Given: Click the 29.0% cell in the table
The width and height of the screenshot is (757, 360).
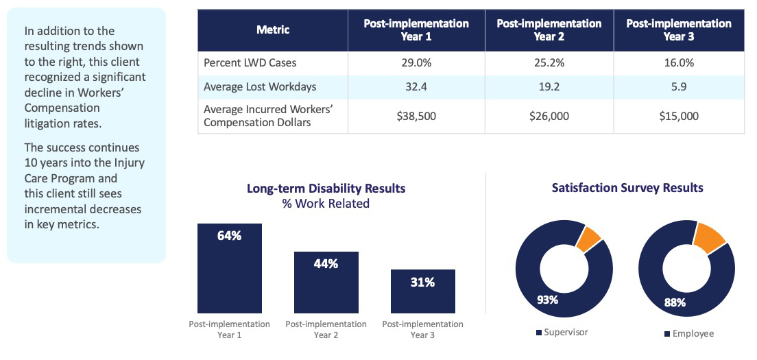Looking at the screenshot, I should [416, 63].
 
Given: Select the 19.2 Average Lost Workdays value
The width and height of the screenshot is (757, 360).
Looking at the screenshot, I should [549, 88].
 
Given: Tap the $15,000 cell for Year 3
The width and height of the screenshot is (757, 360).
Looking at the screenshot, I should [679, 117].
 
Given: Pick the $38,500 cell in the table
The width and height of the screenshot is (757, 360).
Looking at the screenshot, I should [416, 117].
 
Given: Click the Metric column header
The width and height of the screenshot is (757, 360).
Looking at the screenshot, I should [273, 30].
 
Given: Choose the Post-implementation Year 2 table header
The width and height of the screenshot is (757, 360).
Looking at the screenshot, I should [549, 30].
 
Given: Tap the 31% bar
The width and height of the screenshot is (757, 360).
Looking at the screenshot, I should [422, 291].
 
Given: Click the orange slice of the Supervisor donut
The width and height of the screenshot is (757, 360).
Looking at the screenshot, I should [588, 239].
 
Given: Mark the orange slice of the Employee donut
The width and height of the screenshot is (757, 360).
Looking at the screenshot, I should [709, 237].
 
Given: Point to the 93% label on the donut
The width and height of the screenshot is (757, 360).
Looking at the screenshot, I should [547, 300].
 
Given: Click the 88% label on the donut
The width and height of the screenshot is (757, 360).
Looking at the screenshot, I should [675, 302].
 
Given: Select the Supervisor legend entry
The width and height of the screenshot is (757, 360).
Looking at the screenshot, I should [562, 333].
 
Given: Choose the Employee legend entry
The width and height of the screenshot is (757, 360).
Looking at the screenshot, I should [688, 333].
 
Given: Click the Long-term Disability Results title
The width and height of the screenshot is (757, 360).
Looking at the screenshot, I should [326, 189].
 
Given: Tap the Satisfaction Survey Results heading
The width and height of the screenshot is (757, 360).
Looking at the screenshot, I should [627, 188].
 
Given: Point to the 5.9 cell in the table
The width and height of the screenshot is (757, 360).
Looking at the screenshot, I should [679, 88].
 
